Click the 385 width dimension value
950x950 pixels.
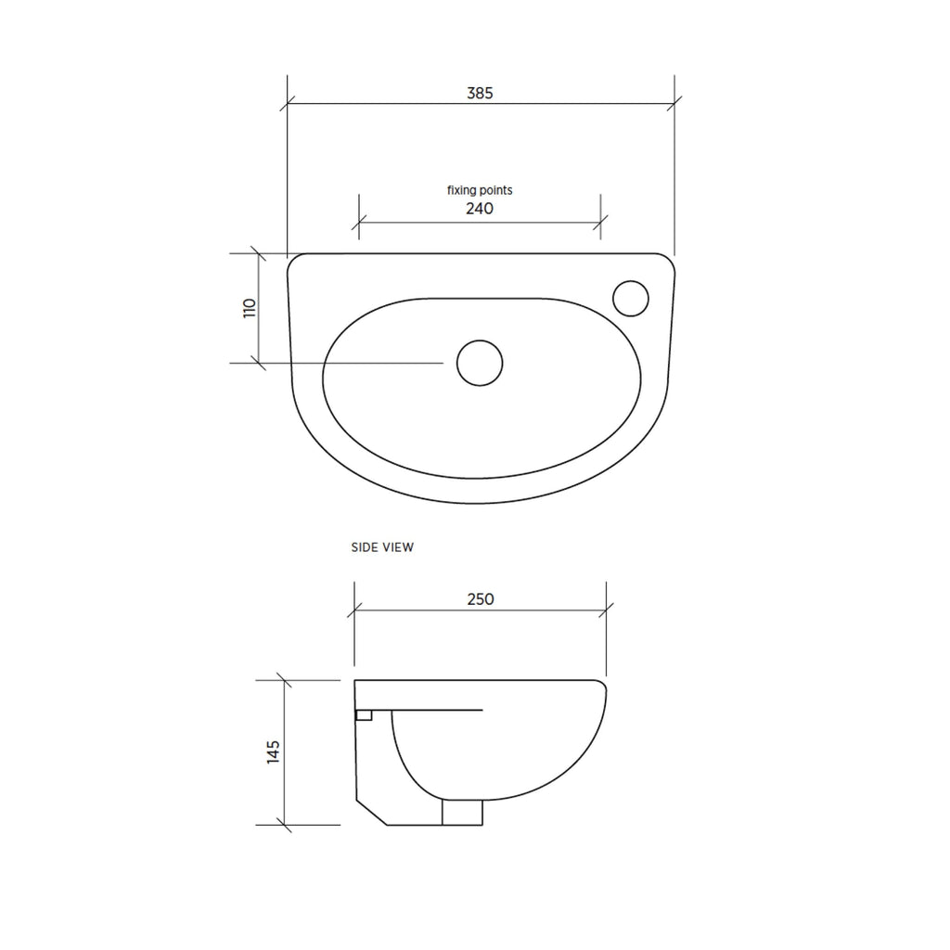click(480, 94)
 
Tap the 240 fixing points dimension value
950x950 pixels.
click(480, 209)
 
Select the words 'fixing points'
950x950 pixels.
click(480, 190)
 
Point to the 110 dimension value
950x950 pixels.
click(250, 308)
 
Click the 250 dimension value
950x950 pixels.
click(481, 599)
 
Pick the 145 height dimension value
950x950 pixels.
click(274, 751)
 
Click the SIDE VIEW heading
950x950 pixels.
click(382, 547)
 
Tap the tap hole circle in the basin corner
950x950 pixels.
click(631, 298)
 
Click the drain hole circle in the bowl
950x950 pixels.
click(480, 363)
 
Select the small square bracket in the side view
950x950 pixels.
click(364, 715)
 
